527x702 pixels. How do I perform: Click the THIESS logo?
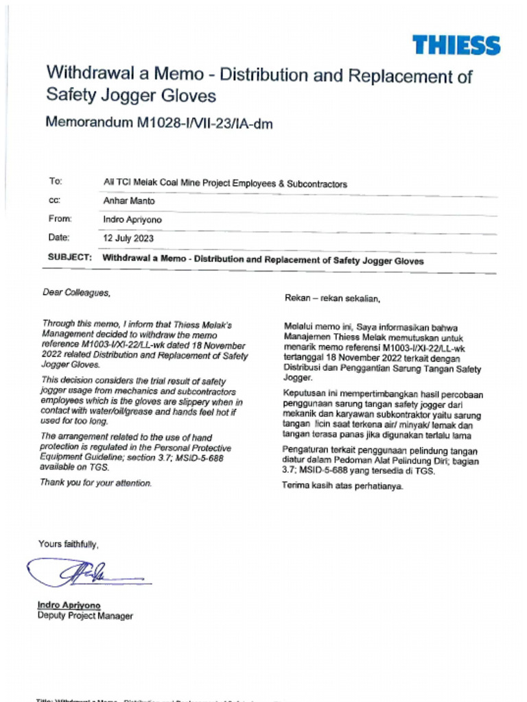[456, 45]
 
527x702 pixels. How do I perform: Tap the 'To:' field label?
[56, 182]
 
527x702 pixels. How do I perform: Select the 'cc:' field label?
[54, 200]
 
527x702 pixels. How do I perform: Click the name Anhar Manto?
[129, 201]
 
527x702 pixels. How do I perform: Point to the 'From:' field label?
[60, 219]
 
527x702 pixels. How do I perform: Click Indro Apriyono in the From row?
[132, 220]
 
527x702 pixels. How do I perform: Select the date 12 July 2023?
[128, 239]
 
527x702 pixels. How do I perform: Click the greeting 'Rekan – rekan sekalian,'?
[332, 298]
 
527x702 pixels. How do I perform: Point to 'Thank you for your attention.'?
[95, 483]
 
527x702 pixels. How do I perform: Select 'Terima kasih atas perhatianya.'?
[342, 487]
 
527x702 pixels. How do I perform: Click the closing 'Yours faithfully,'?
[69, 544]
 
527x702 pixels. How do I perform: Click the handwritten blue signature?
[82, 573]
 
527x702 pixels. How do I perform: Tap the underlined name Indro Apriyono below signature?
[69, 605]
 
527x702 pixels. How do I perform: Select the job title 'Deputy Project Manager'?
[85, 616]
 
